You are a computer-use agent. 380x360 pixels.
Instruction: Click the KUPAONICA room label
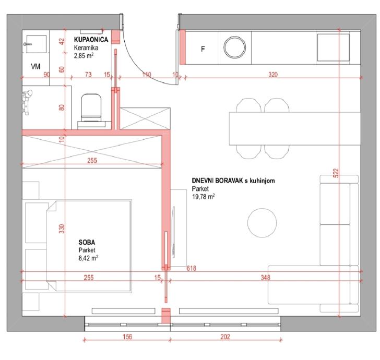click(x=91, y=40)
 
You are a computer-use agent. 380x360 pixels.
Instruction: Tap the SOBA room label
click(x=87, y=242)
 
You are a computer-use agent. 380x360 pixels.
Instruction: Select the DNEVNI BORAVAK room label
click(x=217, y=181)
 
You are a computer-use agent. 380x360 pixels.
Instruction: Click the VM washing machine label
click(x=35, y=66)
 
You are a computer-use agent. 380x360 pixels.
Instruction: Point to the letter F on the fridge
click(x=203, y=49)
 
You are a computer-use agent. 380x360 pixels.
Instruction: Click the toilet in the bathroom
click(x=91, y=108)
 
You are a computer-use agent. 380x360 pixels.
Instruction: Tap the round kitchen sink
click(x=234, y=47)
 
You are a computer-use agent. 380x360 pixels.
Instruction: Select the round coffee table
click(x=262, y=223)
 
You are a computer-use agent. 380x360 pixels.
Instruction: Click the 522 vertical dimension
click(x=336, y=173)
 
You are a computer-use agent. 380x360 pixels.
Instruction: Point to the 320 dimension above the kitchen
click(x=273, y=75)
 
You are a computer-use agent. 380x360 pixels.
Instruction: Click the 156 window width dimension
click(x=127, y=337)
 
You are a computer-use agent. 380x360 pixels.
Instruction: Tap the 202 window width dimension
click(x=225, y=337)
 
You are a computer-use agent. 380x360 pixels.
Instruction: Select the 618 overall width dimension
click(x=191, y=268)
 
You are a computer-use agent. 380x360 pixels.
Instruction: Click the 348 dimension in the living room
click(x=265, y=278)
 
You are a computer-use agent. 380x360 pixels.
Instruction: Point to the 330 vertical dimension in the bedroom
click(x=62, y=229)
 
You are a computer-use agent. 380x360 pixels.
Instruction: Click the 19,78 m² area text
click(x=204, y=197)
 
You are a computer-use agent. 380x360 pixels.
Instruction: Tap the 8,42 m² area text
click(x=88, y=258)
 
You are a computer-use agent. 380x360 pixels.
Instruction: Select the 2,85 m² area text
click(x=84, y=56)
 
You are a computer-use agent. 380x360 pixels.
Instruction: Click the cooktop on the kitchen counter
click(x=333, y=47)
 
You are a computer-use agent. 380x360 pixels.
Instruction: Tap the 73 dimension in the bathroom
click(x=88, y=75)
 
